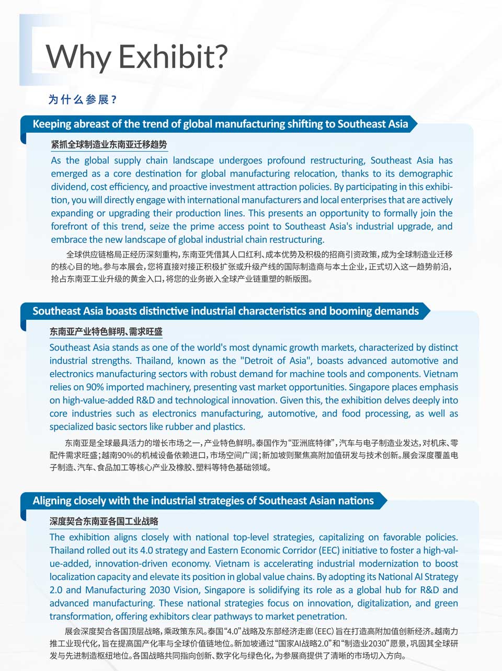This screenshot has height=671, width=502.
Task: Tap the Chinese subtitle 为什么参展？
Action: click(83, 99)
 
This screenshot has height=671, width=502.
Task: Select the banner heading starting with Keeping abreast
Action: click(220, 124)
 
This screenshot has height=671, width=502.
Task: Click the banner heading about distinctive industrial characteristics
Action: click(225, 311)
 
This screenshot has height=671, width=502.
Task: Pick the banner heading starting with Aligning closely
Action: click(203, 501)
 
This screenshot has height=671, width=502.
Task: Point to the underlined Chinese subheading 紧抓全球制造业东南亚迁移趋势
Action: click(109, 144)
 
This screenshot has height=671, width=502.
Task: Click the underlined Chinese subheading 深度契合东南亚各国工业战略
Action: click(104, 521)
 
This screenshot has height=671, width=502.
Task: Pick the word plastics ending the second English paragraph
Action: click(228, 426)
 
